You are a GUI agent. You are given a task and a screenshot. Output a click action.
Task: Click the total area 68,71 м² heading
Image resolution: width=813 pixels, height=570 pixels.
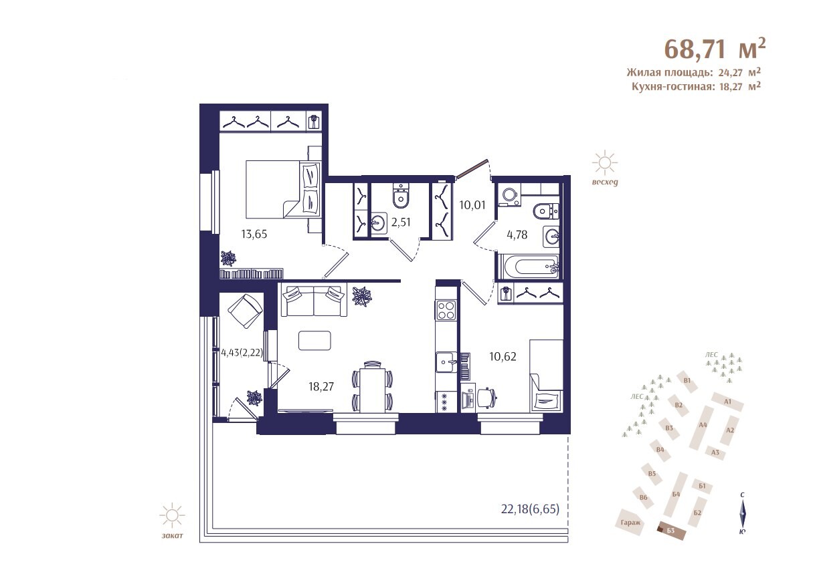[715, 49]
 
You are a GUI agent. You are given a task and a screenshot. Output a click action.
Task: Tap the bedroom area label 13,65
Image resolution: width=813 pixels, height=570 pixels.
[254, 234]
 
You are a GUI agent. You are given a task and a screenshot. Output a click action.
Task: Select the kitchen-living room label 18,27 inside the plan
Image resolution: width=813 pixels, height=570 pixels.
[321, 387]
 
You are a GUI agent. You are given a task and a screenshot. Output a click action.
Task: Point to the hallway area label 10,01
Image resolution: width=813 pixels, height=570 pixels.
[472, 205]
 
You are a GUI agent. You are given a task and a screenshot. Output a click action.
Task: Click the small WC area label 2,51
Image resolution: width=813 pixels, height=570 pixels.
[401, 222]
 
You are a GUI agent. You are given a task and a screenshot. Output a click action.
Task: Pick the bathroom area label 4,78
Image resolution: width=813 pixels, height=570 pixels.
[517, 235]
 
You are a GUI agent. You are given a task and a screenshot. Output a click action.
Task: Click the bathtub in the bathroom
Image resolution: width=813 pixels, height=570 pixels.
[529, 267]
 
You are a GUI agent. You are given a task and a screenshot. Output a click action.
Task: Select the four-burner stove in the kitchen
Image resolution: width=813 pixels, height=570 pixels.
[446, 310]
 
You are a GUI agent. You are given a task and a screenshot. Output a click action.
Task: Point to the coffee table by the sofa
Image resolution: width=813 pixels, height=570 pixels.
[314, 340]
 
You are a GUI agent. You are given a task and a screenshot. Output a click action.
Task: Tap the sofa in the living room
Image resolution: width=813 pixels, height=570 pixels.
[314, 301]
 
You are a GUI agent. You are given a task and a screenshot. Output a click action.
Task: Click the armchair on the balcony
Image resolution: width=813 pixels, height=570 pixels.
[245, 311]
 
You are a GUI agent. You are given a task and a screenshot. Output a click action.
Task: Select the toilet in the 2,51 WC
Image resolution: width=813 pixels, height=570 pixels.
[400, 196]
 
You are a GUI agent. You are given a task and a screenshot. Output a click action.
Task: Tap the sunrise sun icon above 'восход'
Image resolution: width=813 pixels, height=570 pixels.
[605, 162]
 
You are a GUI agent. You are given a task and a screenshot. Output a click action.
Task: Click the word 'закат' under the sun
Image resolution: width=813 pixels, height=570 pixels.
[172, 535]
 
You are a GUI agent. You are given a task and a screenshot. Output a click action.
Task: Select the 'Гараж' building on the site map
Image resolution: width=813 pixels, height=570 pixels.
[630, 522]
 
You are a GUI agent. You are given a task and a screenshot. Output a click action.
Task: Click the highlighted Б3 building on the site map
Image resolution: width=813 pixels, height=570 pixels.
[671, 531]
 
